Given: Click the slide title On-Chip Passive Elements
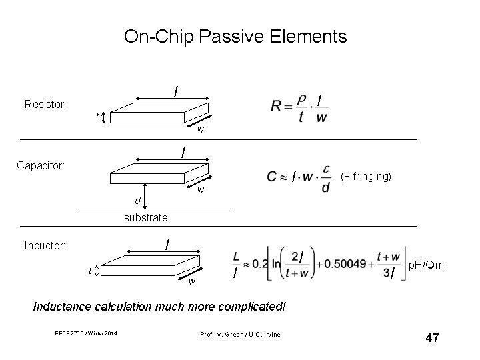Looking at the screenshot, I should (x=235, y=36).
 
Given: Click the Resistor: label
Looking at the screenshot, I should (x=45, y=104).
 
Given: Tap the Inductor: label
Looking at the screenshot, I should (x=45, y=246).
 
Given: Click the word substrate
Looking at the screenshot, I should (x=145, y=217).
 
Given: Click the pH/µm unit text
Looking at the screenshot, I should (x=427, y=266).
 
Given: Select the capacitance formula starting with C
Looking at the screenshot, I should (x=298, y=178).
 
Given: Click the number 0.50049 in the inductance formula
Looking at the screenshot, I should (x=349, y=264).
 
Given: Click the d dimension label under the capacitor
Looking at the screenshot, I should (x=137, y=201).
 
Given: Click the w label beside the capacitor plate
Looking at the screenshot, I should (x=200, y=190).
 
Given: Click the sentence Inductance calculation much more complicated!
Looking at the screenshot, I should (x=160, y=307).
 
